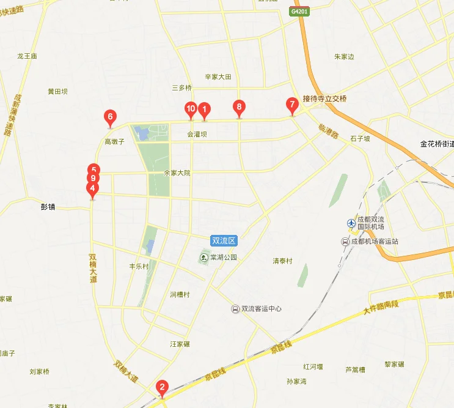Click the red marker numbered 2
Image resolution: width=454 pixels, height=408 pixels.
point(162,387)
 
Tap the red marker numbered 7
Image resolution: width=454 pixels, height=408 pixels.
point(293,105)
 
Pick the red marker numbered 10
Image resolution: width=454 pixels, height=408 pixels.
point(191,109)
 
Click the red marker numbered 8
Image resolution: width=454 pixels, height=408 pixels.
point(239,107)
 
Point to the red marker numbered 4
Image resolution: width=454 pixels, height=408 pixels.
point(92,189)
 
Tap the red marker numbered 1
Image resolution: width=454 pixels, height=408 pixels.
point(205,109)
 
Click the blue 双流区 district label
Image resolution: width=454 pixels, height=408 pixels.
point(223,241)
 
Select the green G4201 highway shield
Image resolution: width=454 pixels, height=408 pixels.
point(299,12)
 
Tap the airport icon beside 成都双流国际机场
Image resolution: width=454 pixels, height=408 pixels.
point(351,224)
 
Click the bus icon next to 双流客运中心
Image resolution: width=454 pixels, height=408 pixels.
point(235,309)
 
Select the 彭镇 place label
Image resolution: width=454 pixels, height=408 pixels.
point(48,207)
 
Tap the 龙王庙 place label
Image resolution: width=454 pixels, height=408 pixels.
point(27,56)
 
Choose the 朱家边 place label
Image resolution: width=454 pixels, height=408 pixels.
point(344,57)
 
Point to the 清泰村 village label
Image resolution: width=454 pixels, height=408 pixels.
point(282,261)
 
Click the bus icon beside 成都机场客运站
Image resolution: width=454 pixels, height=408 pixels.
point(345,242)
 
